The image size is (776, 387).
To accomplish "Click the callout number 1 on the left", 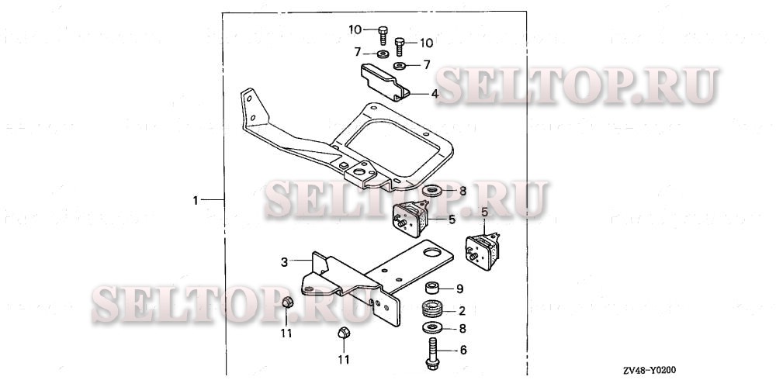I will pyautogui.click(x=196, y=200).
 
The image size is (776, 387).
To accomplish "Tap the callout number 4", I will pyautogui.click(x=435, y=94).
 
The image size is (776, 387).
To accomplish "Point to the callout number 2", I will pyautogui.click(x=462, y=311).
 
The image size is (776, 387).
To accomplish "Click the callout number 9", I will pyautogui.click(x=459, y=289).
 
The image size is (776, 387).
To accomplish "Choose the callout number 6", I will pyautogui.click(x=463, y=351).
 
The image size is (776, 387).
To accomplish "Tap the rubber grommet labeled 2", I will pyautogui.click(x=431, y=309).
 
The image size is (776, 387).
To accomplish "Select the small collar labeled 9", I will pyautogui.click(x=431, y=289).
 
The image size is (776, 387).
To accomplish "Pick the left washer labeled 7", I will pyautogui.click(x=383, y=54).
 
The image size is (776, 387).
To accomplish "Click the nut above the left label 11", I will pyautogui.click(x=286, y=302).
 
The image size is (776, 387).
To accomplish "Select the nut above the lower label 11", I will pyautogui.click(x=343, y=334).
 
